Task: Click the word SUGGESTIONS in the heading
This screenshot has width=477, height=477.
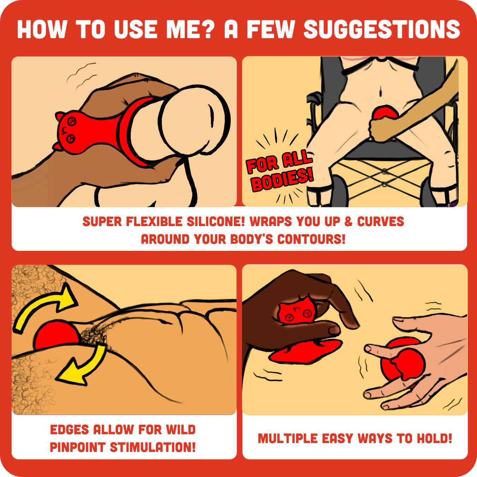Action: pos(382,29)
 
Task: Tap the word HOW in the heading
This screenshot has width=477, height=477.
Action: pos(42,29)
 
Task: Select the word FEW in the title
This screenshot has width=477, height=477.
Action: pos(271,29)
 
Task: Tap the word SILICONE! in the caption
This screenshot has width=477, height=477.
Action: pos(216,221)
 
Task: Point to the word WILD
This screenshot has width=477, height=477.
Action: pos(181,429)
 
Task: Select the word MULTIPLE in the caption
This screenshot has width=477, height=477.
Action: pos(288,438)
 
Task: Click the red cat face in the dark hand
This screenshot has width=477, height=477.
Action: pos(297,311)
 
